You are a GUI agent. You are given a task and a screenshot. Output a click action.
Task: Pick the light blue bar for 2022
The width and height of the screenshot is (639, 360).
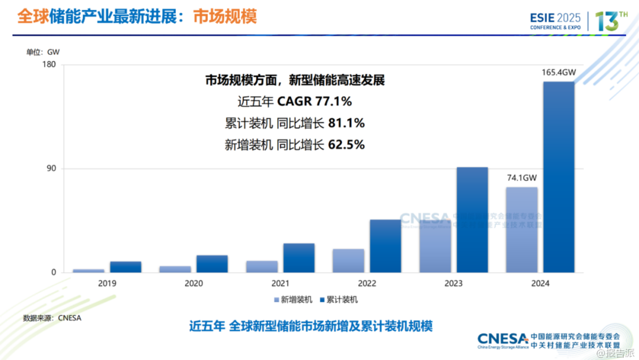tap(348, 261)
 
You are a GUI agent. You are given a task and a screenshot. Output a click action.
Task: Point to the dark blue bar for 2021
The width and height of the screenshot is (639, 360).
tap(299, 258)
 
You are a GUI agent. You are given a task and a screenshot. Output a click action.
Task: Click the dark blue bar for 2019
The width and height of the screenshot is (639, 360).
tap(126, 267)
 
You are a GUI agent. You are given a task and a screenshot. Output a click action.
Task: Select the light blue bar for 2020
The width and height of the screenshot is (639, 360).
tap(175, 269)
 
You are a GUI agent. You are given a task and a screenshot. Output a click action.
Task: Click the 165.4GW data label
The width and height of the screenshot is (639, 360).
tap(559, 73)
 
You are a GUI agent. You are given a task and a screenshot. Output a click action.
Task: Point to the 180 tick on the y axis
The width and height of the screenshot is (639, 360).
tap(49, 65)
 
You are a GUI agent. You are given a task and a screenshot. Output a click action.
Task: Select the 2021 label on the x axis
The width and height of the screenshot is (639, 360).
tap(280, 283)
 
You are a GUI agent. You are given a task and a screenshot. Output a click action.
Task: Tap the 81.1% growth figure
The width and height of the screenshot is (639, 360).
tap(346, 124)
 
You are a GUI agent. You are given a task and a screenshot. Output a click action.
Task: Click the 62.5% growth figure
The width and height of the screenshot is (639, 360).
tap(346, 144)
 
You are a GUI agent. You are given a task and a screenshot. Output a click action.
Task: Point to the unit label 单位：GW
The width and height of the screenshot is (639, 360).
tap(43, 52)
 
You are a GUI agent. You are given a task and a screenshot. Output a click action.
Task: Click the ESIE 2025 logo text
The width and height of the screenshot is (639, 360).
tap(555, 18)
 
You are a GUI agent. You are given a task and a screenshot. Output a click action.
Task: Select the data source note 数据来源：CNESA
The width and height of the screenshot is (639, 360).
tap(52, 318)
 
